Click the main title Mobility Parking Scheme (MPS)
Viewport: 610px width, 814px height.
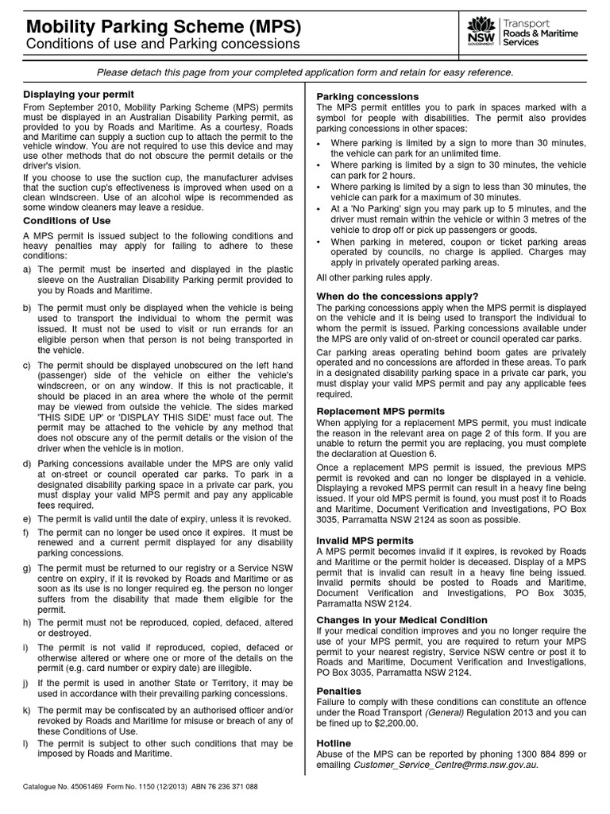pos(163,27)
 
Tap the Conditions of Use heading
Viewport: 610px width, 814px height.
pos(67,220)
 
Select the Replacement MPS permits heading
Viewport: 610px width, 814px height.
pos(380,411)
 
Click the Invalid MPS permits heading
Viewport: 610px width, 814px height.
pos(365,540)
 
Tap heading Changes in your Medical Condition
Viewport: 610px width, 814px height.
pos(402,619)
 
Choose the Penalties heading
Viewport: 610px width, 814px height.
pos(339,691)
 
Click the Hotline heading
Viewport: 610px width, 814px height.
pos(334,742)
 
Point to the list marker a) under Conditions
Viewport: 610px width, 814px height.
pos(28,269)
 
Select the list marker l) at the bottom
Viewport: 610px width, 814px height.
pos(27,742)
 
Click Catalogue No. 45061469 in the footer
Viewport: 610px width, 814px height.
pos(63,786)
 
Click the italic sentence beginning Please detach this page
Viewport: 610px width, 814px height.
pos(304,72)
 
